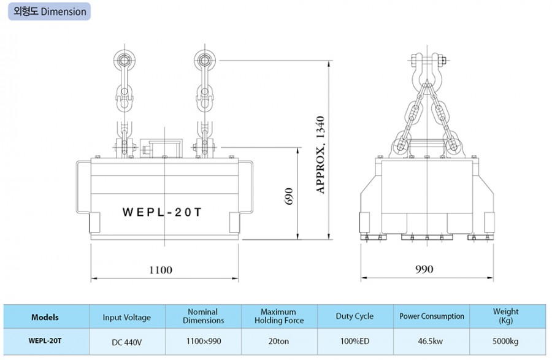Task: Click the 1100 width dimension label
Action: (160, 269)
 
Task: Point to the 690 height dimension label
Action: (290, 196)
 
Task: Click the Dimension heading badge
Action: (50, 11)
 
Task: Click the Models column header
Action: (45, 317)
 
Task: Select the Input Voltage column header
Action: (126, 317)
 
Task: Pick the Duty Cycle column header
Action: (355, 316)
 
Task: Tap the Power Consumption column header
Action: (432, 316)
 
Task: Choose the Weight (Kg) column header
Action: (505, 316)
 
